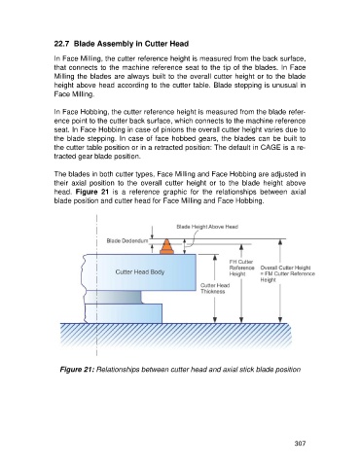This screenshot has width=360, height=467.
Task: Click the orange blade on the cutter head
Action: tap(166, 247)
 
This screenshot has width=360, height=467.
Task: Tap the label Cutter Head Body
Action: tap(140, 271)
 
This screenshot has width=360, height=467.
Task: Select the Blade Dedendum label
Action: tap(127, 241)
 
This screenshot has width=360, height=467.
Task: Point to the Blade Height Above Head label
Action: tap(207, 227)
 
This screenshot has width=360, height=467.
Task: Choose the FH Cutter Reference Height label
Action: tap(241, 268)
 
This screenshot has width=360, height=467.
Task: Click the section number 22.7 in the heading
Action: tap(61, 44)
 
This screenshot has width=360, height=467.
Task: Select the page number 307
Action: tap(300, 443)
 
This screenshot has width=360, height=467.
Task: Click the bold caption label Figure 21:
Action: tap(77, 370)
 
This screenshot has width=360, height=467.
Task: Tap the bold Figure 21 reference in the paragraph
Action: tap(92, 192)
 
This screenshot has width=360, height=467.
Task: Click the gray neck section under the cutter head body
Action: tap(114, 297)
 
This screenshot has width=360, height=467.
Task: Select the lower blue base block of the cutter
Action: tap(124, 313)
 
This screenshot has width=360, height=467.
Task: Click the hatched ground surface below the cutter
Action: tap(176, 336)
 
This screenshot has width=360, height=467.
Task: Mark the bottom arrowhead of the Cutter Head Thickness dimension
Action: tap(214, 320)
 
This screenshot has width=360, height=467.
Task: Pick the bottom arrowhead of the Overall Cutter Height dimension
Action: tap(280, 320)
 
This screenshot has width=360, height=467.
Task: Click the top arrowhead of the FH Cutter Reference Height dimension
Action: tap(241, 247)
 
